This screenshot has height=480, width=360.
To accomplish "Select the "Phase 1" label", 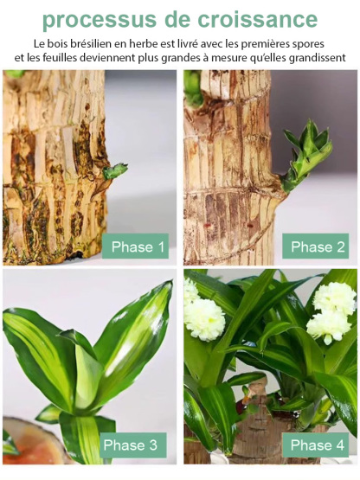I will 136,247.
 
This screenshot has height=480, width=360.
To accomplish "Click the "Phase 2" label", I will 317,247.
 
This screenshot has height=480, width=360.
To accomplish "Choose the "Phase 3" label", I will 130,446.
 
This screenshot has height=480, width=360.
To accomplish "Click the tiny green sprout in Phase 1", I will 114,170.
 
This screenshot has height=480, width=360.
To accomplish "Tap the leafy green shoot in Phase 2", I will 307,151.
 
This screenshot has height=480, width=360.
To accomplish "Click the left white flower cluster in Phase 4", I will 203,316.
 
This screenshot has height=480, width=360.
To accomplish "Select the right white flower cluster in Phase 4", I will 332,310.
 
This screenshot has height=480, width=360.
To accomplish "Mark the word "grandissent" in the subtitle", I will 313,57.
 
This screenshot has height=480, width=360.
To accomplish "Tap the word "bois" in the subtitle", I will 60,42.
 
